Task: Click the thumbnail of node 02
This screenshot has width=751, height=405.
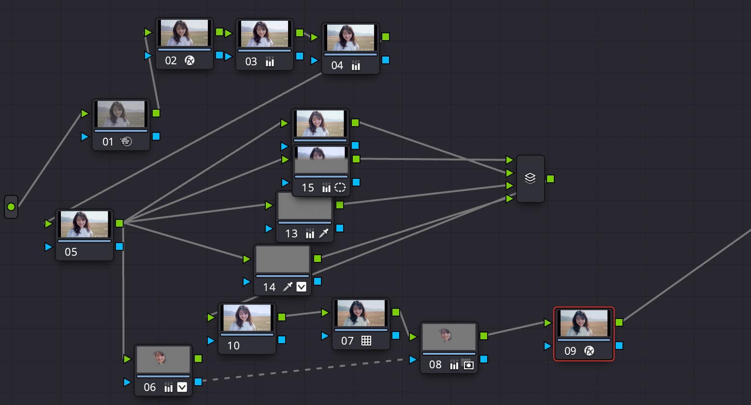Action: click(x=184, y=33)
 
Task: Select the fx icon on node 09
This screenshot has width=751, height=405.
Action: click(x=589, y=351)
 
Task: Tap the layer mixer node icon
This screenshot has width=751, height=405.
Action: click(x=530, y=178)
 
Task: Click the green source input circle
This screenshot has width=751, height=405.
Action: click(x=11, y=207)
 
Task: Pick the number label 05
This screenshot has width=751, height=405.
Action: click(x=71, y=252)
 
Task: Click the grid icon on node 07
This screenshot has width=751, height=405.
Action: click(x=366, y=341)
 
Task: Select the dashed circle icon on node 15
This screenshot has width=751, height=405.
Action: click(x=340, y=188)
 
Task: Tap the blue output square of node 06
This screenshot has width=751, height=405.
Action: click(x=198, y=382)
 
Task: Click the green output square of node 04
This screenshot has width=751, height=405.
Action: click(x=386, y=37)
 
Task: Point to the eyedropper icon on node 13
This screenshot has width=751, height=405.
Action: click(x=324, y=233)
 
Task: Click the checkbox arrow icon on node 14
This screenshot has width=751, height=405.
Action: click(x=302, y=287)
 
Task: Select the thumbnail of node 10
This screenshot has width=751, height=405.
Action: click(x=247, y=318)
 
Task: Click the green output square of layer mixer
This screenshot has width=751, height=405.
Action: click(x=550, y=179)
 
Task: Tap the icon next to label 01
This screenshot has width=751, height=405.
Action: click(x=126, y=142)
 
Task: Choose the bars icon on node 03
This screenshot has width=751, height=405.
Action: click(x=270, y=62)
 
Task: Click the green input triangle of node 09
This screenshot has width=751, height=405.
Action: click(x=548, y=323)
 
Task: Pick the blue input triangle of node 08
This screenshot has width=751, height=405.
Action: click(x=413, y=359)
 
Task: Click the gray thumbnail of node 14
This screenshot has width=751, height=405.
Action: click(x=283, y=260)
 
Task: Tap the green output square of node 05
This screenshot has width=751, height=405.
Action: click(x=119, y=223)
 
